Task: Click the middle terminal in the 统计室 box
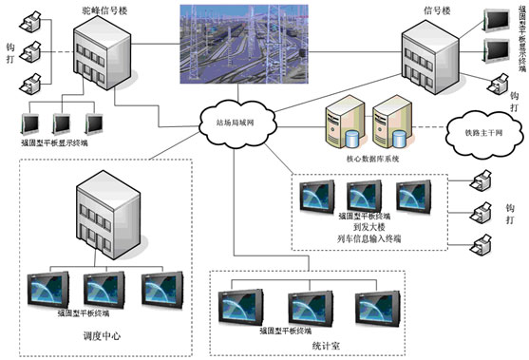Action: pos(305,304)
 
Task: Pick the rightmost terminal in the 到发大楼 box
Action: pos(415,195)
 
